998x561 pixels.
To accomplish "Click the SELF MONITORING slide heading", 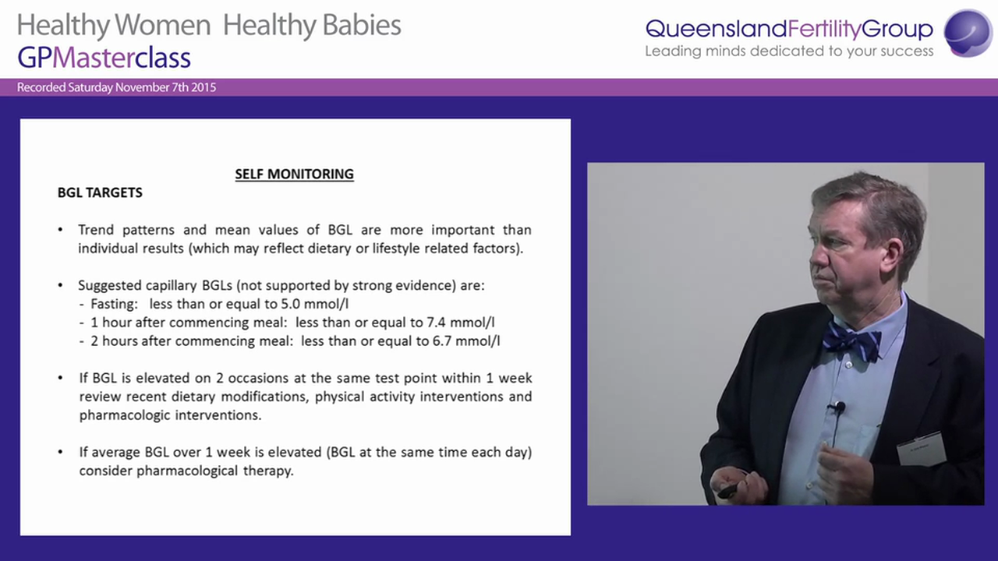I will click(x=294, y=174).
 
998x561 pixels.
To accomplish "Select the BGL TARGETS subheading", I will click(x=100, y=192).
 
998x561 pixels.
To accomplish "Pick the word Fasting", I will click(x=114, y=304).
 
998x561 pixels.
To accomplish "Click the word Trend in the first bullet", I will click(x=96, y=230).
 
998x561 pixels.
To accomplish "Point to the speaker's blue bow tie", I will click(x=851, y=341).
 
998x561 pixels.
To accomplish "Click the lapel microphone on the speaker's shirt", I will click(x=838, y=408).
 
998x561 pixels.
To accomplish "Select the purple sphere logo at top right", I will click(x=968, y=33).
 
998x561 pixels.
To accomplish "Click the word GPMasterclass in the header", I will click(x=104, y=58).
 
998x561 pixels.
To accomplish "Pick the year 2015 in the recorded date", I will click(x=203, y=87).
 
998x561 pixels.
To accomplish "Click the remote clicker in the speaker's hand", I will click(x=729, y=490).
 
